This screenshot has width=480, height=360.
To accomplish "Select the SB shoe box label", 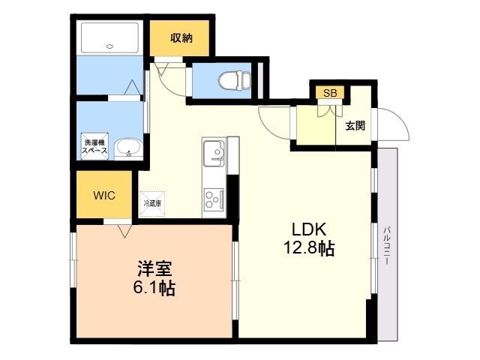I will [x=330, y=93].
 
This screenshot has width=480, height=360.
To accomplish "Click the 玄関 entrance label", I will [x=355, y=126].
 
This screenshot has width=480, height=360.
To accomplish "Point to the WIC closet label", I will [x=103, y=195].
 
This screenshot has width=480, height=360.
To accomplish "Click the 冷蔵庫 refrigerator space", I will [x=152, y=202].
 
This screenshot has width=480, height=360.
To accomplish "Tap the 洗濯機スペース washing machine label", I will [x=94, y=146].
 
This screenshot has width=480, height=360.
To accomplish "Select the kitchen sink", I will [x=216, y=155].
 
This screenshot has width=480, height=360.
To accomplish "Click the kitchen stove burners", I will [x=214, y=199].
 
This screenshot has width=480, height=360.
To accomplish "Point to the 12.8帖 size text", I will [x=308, y=248].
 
